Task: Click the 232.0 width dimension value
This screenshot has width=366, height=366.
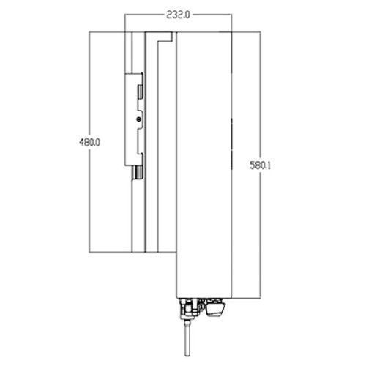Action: pos(178,15)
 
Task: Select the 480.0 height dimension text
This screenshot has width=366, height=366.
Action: pos(89,142)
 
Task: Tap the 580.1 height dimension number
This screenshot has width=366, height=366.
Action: pos(261,165)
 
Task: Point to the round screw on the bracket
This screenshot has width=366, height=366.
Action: pos(138,119)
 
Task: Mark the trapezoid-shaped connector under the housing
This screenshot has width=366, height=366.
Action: pos(214,309)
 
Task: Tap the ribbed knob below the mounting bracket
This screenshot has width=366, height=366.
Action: pos(138,173)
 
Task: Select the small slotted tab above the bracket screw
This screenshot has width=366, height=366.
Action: pos(140,91)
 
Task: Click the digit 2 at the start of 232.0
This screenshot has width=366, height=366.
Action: pos(169,15)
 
